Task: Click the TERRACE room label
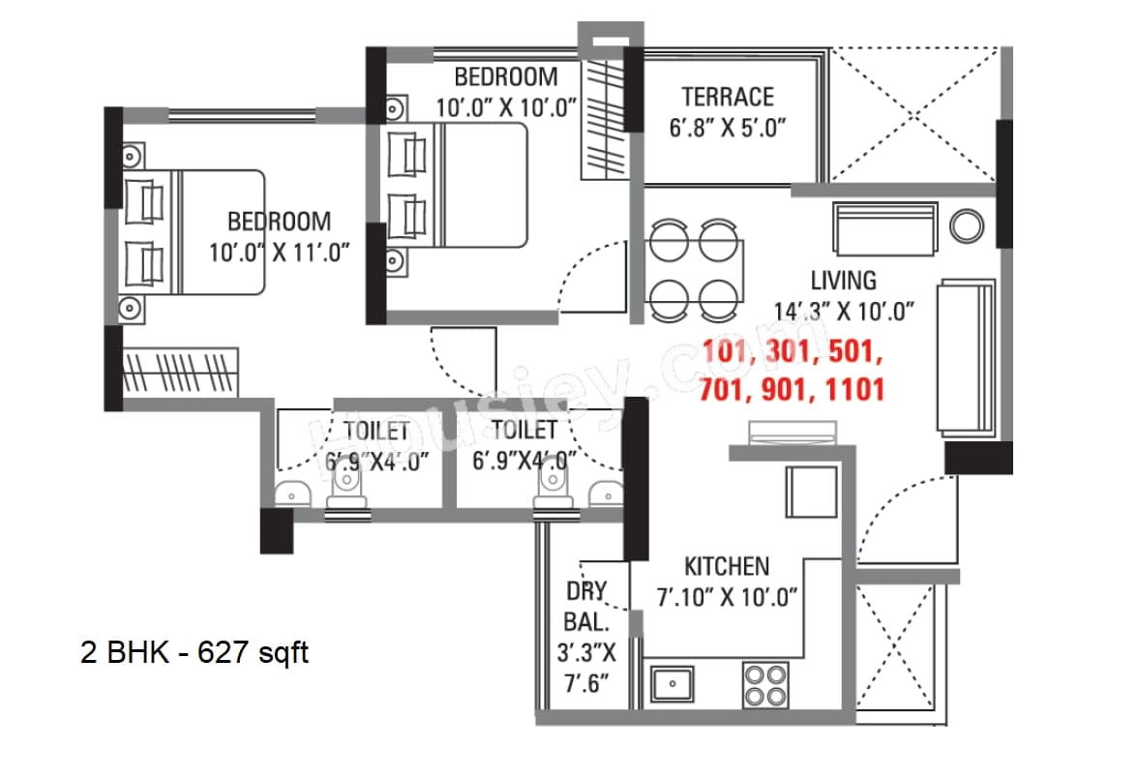(727, 97)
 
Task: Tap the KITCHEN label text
(727, 566)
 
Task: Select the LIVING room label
(843, 281)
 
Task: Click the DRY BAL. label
(586, 602)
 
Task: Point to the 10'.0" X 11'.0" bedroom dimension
(279, 254)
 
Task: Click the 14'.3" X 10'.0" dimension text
(844, 312)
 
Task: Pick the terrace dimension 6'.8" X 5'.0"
(727, 128)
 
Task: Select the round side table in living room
(966, 226)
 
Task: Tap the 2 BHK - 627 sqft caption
(195, 652)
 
